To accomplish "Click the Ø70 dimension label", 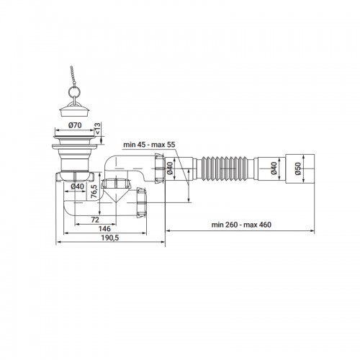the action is tap(75, 125).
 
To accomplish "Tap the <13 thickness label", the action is tap(98, 128).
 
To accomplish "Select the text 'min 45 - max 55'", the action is tap(149, 145).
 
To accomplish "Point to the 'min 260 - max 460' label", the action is tap(241, 225).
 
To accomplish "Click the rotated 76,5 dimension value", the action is tap(94, 192).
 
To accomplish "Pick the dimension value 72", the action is tap(95, 220).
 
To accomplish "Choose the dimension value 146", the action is tap(104, 229).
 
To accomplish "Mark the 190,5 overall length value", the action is tap(110, 238).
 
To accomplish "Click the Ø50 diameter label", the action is tap(297, 168).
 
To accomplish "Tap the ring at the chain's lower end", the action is tap(74, 91).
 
